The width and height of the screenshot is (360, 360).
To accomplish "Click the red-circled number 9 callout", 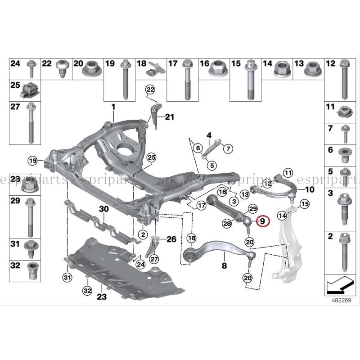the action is click(263, 221).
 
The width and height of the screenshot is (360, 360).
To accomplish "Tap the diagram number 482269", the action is click(342, 300).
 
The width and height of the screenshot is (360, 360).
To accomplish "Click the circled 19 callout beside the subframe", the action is click(32, 161).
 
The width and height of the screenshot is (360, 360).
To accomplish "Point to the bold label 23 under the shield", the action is click(102, 297).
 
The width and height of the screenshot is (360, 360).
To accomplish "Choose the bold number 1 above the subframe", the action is click(113, 107).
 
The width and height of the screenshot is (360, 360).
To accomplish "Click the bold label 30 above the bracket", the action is click(104, 209).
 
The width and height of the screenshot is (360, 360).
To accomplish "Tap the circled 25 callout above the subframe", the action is click(151, 157).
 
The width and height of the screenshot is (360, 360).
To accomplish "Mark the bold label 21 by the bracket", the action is click(170, 117).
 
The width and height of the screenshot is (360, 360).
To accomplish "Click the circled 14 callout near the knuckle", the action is click(282, 216).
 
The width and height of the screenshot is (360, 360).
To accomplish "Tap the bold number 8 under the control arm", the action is click(224, 265).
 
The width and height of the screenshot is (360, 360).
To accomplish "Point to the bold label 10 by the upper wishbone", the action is click(310, 189).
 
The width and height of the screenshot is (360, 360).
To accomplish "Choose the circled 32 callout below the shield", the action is click(87, 291).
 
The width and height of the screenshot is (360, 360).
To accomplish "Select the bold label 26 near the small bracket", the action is click(171, 239).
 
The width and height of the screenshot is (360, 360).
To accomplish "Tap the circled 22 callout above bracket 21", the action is click(150, 89).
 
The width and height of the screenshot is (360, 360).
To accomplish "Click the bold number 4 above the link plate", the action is click(209, 135).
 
